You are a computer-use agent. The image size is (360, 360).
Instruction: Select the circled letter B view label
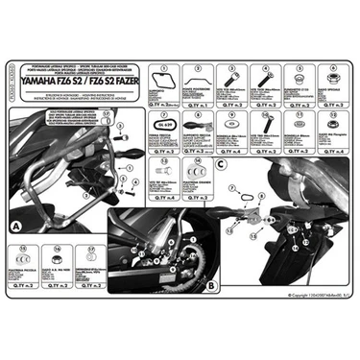click(x=210, y=285)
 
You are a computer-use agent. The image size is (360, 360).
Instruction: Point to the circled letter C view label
click(x=221, y=165)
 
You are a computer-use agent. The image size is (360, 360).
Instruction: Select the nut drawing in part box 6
click(x=323, y=76)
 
